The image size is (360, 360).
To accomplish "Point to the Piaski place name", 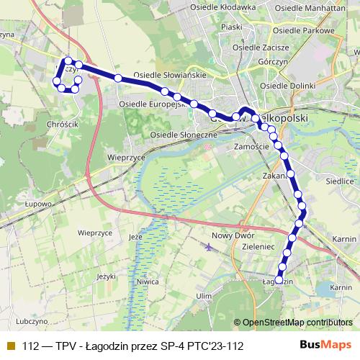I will pyautogui.click(x=231, y=27).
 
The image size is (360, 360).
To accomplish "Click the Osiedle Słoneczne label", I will pyautogui.click(x=184, y=135).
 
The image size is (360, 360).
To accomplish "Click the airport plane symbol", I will pyautogui.click(x=208, y=248).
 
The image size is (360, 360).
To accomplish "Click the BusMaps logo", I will pyautogui.click(x=326, y=346).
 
